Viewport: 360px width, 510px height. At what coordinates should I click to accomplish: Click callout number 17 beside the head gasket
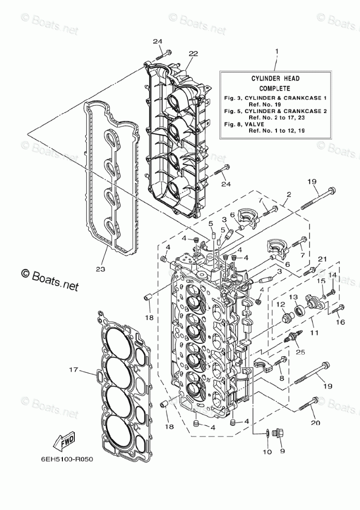pyautogui.click(x=74, y=370)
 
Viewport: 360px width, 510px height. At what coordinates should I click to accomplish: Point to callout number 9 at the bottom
pyautogui.click(x=281, y=450)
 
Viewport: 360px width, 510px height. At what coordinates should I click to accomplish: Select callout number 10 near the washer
pyautogui.click(x=266, y=453)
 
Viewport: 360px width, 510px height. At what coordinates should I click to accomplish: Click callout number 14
pyautogui.click(x=333, y=275)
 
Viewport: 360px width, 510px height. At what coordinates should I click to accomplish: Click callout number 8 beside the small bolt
pyautogui.click(x=281, y=378)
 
